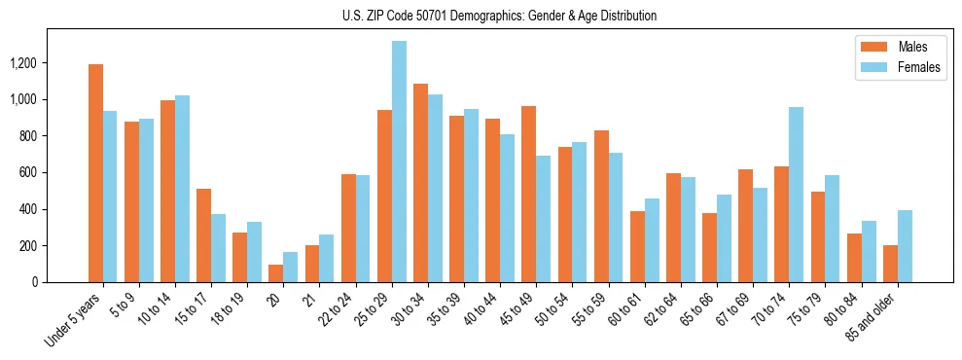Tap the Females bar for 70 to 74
(x=796, y=195)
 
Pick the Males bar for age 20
(x=276, y=273)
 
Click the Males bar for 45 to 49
(x=529, y=195)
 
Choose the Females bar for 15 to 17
(x=218, y=248)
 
